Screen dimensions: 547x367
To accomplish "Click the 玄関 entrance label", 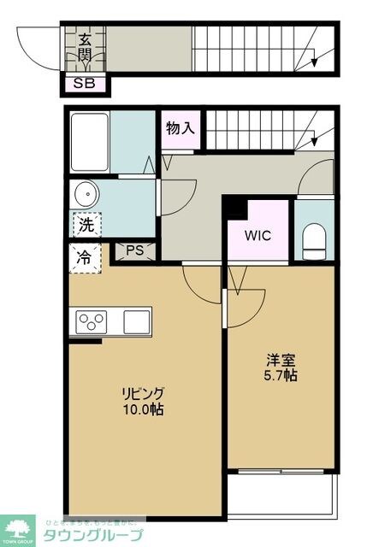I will pos(86,47).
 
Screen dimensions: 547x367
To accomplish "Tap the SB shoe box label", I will pos(85,84).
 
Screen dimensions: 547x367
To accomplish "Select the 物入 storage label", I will pos(181,129).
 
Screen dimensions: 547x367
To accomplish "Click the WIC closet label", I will pos(257,234).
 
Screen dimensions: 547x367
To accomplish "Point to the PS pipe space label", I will pos(135,250).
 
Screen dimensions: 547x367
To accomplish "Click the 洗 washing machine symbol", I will pos(86,226).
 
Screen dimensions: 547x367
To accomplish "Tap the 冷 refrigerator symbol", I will pos(86,257).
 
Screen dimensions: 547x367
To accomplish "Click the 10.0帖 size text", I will pos(142,409).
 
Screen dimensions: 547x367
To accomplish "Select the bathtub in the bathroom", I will pos(89,142).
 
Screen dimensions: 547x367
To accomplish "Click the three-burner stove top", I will pos(92,322).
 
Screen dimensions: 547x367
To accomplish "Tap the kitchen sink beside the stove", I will pos(136,322).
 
